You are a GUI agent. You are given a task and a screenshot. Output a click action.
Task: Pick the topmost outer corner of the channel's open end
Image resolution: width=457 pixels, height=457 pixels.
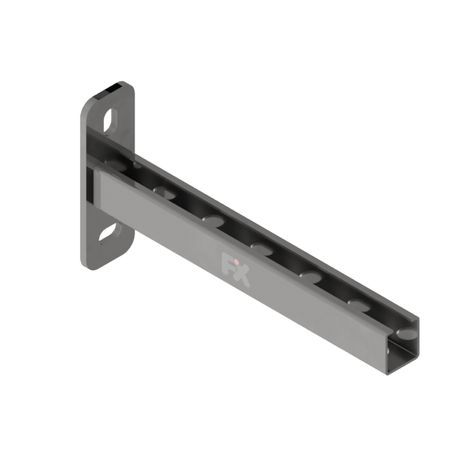coord(418,318)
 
